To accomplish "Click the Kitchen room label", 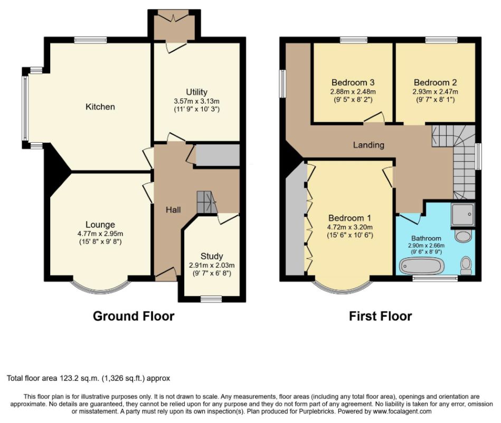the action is [100, 107].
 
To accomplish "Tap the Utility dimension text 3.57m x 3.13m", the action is [196, 101].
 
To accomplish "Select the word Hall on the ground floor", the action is [173, 209].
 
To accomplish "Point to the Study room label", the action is [212, 256].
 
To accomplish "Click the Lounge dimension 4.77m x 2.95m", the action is [100, 234].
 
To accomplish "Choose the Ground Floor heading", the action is [134, 316].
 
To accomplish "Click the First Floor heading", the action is [380, 316].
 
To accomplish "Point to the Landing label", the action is [368, 145].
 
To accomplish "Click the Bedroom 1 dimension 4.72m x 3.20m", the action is [349, 227].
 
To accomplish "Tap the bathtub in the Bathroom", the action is [422, 266].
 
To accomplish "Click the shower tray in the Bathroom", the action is [464, 214].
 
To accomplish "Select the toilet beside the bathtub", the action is [467, 265].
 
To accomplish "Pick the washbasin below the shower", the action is [463, 236].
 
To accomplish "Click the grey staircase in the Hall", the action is [206, 202].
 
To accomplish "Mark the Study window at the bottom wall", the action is [211, 299].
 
